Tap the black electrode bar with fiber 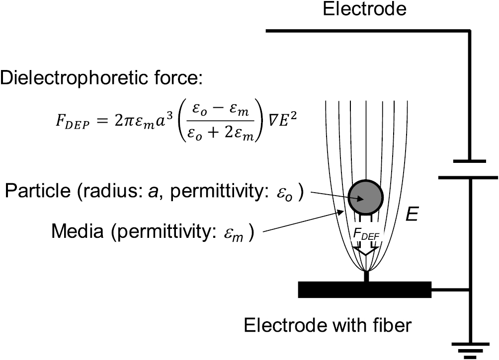coord(364,289)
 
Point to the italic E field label coord(414,215)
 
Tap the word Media coord(73,230)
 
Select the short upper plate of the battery coord(469,161)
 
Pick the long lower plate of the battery coord(469,176)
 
